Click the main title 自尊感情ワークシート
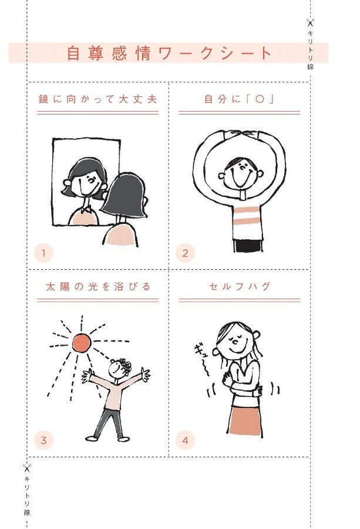169,53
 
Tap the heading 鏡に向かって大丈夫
97,99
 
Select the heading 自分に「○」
239,99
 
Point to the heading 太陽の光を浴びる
97,287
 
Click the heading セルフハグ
240,286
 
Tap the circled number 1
43,253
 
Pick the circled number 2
185,253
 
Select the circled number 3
43,440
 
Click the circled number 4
185,440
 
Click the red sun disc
82,343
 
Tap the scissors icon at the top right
310,22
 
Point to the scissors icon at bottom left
26,468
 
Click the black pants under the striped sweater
248,246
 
